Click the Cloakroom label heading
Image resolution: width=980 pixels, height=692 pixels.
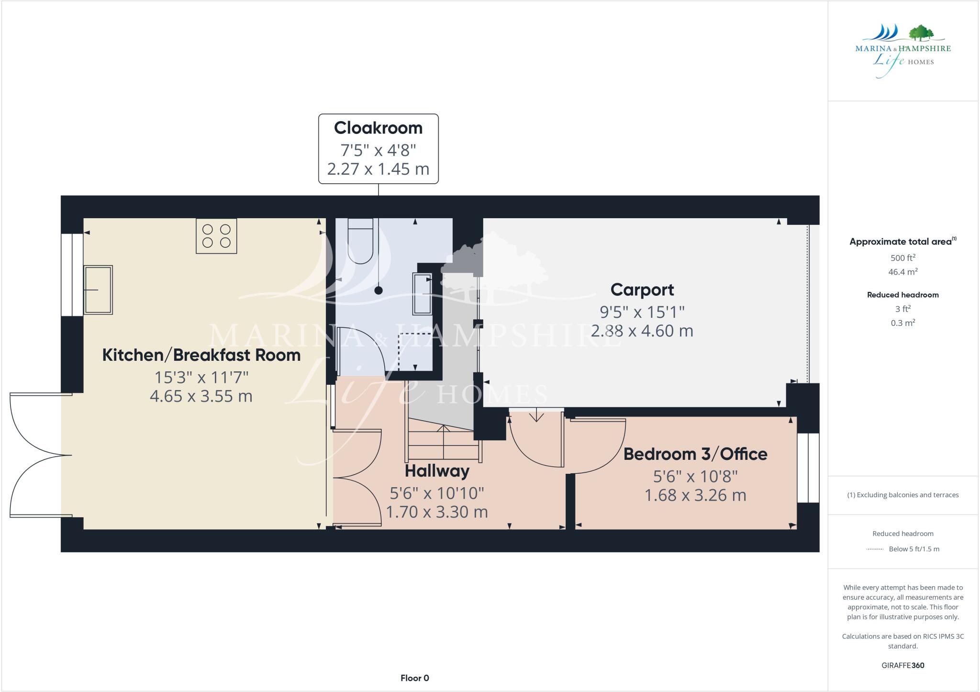pyautogui.click(x=378, y=128)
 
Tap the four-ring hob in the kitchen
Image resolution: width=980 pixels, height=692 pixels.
pyautogui.click(x=216, y=236)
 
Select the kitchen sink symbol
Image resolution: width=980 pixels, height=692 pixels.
pyautogui.click(x=98, y=290)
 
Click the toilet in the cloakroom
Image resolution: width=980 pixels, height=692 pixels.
pyautogui.click(x=360, y=241)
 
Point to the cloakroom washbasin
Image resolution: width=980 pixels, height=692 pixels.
pyautogui.click(x=423, y=294)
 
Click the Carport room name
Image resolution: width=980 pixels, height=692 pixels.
pyautogui.click(x=642, y=290)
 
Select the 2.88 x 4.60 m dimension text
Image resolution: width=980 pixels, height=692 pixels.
pyautogui.click(x=642, y=331)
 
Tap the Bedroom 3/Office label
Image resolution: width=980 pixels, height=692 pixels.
pyautogui.click(x=695, y=454)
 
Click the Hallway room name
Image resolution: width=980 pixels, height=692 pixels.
pyautogui.click(x=437, y=471)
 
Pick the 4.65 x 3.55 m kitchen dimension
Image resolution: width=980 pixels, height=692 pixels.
pyautogui.click(x=201, y=396)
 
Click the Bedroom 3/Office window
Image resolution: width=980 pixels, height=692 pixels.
pyautogui.click(x=808, y=468)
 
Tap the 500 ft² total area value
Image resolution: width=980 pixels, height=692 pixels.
pyautogui.click(x=902, y=258)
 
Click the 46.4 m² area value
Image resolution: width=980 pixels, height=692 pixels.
pyautogui.click(x=902, y=272)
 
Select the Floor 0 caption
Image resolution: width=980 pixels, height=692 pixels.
pyautogui.click(x=414, y=678)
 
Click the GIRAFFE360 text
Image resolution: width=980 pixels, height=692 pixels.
pyautogui.click(x=902, y=665)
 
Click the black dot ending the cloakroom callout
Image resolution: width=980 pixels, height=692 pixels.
pyautogui.click(x=379, y=290)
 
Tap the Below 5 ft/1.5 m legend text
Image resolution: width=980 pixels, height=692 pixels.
pyautogui.click(x=913, y=549)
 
